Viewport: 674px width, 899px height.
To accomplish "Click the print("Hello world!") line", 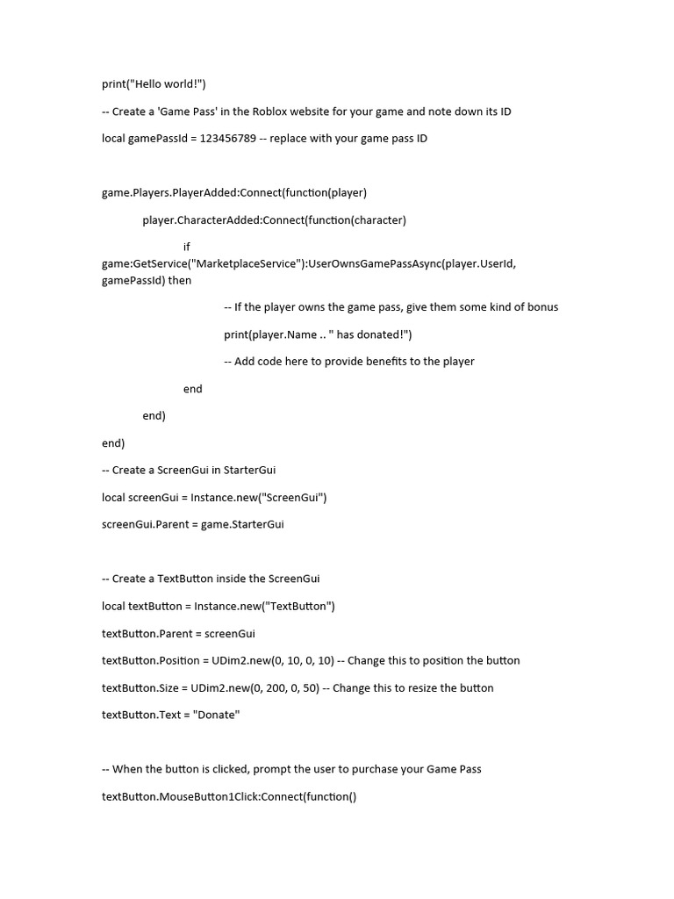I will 154,84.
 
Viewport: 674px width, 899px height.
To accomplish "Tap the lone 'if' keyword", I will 187,247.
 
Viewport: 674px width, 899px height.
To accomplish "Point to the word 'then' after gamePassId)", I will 180,280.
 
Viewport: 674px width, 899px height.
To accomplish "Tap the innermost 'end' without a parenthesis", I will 193,389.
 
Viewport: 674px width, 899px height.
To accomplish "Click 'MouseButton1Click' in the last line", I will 210,797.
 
